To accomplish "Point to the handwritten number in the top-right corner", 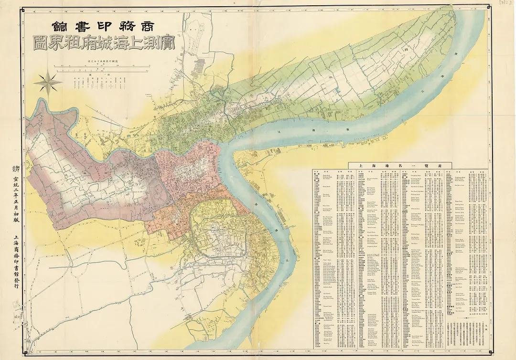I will (x=505, y=3).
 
